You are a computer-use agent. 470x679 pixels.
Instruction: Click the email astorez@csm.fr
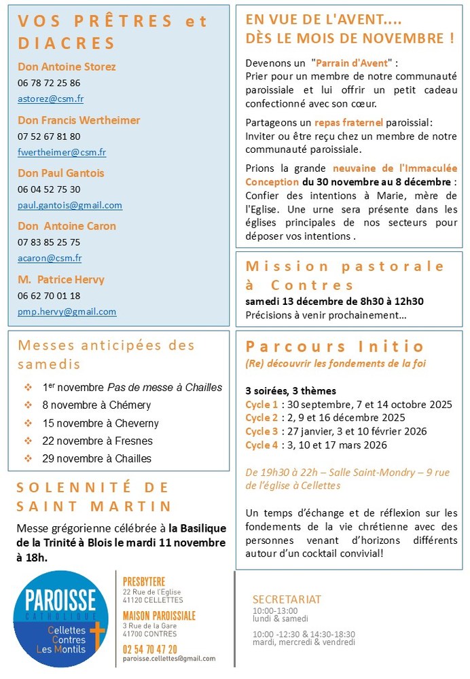[50, 98]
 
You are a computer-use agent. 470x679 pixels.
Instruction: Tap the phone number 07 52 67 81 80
[49, 136]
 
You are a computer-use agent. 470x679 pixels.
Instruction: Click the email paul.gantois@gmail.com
[70, 205]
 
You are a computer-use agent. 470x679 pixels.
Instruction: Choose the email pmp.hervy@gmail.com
[67, 312]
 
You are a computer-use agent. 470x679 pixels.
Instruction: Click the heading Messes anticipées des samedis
[106, 354]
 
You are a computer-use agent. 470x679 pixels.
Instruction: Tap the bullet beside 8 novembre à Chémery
[28, 405]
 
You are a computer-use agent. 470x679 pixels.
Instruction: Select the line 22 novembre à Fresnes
[97, 441]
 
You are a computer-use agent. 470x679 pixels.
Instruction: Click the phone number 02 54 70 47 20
[150, 649]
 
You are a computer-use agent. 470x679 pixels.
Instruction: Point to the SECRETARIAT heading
[287, 600]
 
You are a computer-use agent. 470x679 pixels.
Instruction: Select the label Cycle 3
[261, 431]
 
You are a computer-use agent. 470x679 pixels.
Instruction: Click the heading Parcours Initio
[335, 346]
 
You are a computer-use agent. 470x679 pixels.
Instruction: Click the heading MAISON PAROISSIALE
[159, 616]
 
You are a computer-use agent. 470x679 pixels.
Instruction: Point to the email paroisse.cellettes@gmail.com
[169, 659]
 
